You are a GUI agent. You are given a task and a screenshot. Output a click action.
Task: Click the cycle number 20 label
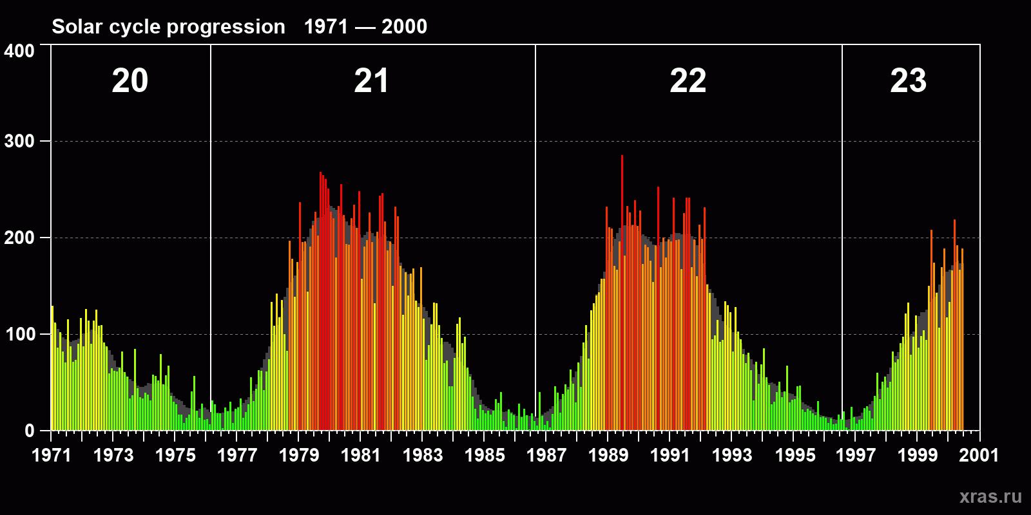click(130, 81)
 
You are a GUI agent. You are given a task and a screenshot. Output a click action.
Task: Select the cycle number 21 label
click(371, 81)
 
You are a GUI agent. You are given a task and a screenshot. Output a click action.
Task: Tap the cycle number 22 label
click(688, 81)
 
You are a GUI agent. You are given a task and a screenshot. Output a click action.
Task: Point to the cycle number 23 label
click(908, 81)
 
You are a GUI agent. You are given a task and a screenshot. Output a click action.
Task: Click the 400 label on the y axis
click(19, 51)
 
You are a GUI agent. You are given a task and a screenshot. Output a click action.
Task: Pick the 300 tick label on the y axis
click(19, 142)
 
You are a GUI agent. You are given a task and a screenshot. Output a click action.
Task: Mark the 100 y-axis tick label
click(19, 335)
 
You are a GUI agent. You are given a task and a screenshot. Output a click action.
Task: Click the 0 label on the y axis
click(30, 431)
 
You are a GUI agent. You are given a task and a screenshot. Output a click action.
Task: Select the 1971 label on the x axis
click(52, 455)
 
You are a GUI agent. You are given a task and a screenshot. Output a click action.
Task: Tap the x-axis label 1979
click(299, 455)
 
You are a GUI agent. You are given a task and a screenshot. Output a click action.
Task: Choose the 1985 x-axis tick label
click(485, 455)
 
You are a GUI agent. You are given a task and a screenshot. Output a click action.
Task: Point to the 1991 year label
click(670, 455)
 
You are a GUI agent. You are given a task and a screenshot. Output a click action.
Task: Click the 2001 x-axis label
click(979, 455)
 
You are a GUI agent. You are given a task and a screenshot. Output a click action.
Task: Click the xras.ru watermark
click(990, 496)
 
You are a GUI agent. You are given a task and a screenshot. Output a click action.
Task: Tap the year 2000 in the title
click(404, 26)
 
